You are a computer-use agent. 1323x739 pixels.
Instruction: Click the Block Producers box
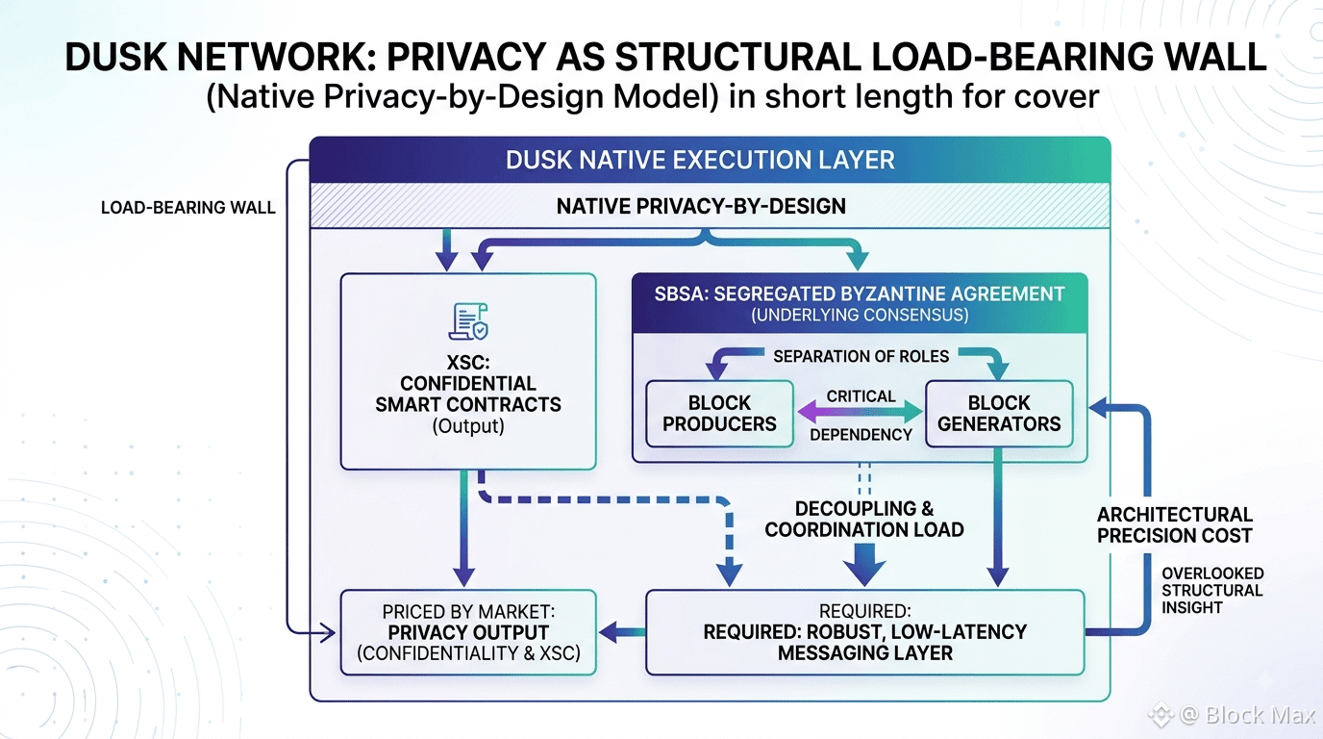coord(719,413)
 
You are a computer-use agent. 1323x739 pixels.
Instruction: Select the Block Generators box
coord(999,413)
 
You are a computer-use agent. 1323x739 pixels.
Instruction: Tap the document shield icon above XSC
coord(468,321)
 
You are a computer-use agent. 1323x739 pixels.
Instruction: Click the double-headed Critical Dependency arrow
coord(860,412)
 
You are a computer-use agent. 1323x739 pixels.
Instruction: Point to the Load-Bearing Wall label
coord(187,208)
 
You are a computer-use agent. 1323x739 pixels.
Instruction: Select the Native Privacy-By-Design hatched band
coord(710,206)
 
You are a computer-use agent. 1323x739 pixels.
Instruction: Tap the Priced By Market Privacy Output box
coord(468,632)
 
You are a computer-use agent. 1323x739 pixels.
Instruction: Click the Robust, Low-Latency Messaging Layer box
coord(865,632)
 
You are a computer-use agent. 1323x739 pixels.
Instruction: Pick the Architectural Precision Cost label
coord(1174,525)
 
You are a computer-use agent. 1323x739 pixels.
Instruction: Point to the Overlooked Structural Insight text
coord(1212,591)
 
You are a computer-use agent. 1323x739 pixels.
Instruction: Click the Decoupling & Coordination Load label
coord(864,519)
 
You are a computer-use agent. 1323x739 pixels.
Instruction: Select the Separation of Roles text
coord(861,356)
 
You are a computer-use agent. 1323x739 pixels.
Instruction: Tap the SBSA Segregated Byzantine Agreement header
coord(860,303)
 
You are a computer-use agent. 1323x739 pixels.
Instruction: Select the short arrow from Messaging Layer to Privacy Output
coord(622,632)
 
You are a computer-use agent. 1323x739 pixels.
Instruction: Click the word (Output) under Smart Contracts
coord(468,425)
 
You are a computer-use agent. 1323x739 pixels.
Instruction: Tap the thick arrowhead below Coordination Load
coord(864,565)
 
